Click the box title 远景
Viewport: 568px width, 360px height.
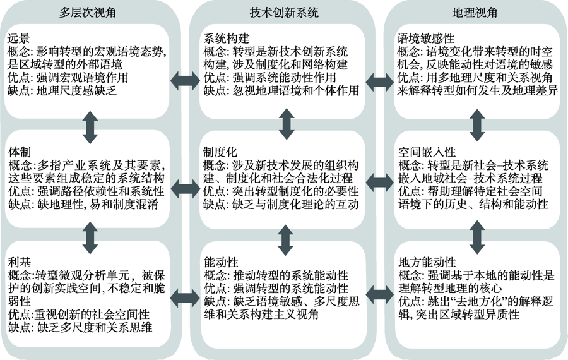click(18, 38)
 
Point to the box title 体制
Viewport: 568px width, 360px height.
click(18, 153)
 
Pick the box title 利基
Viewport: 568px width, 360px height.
click(18, 262)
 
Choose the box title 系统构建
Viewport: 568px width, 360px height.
click(223, 38)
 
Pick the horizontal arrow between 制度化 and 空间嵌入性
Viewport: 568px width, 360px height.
click(379, 183)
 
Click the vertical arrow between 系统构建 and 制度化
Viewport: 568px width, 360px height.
click(286, 125)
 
